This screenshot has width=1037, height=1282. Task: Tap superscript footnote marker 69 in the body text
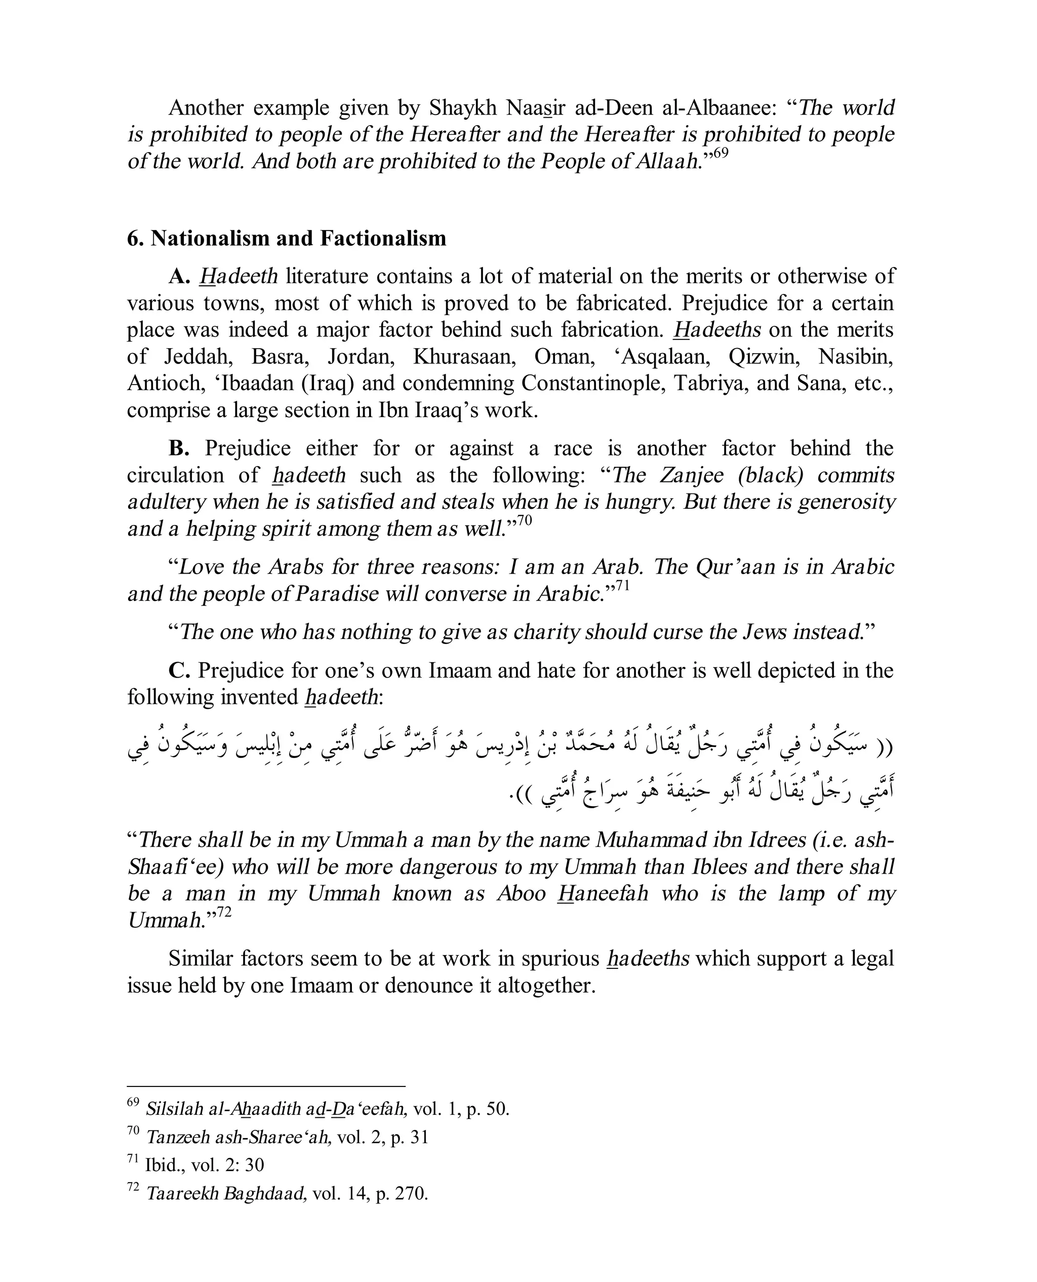(721, 153)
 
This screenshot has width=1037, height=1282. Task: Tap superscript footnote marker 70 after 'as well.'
(524, 520)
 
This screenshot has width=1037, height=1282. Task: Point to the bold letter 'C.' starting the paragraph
(179, 670)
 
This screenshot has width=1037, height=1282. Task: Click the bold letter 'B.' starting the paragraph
(179, 449)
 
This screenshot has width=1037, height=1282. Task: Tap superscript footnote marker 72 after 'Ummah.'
(224, 912)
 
